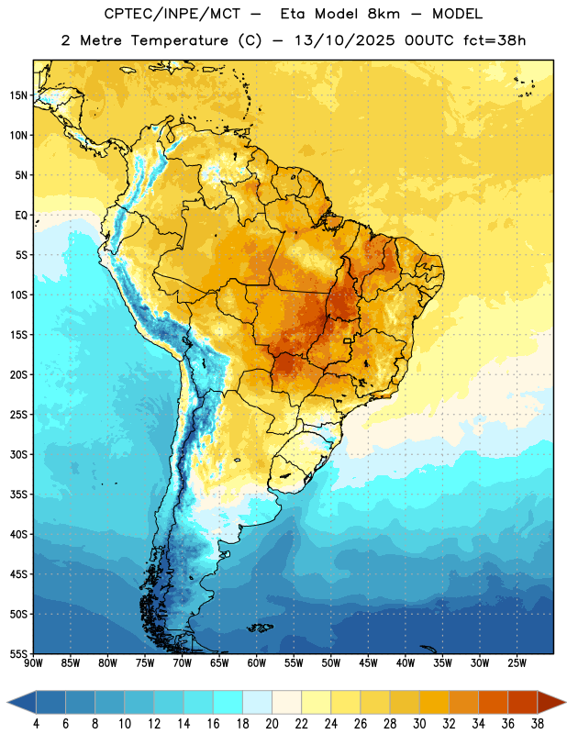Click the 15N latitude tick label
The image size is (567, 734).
coord(18,95)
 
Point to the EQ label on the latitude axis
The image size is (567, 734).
coord(21,216)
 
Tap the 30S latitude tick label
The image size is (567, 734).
coord(18,454)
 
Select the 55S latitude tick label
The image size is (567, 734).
coord(18,654)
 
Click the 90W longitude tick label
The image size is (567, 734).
coord(33,663)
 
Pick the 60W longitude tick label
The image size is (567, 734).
coord(257,663)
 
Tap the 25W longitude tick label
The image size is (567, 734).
coord(517,663)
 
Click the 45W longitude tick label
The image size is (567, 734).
coord(368,663)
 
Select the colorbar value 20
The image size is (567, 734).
coord(272,724)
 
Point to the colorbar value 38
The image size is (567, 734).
coord(538,724)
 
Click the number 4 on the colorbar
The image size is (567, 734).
coord(36,724)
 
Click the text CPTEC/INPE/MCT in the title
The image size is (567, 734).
coord(172,14)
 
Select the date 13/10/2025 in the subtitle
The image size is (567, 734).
coord(344,40)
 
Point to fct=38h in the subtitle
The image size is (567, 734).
coord(495,40)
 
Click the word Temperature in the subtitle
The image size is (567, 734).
coord(179,40)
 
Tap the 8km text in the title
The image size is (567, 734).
coord(384,14)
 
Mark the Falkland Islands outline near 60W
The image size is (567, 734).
coord(260,628)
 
